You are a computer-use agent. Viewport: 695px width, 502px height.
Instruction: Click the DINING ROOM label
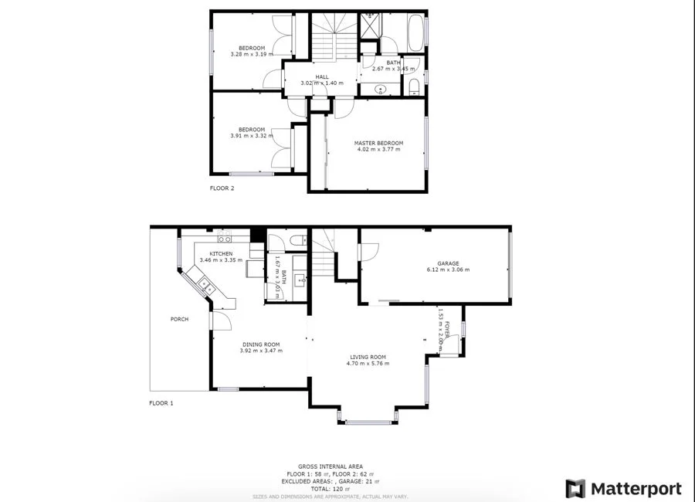pyautogui.click(x=261, y=344)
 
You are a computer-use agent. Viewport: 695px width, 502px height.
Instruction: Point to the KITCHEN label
pyautogui.click(x=221, y=253)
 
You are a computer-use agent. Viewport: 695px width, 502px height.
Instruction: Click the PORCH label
pyautogui.click(x=179, y=319)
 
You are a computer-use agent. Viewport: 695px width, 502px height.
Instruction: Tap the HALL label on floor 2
pyautogui.click(x=321, y=76)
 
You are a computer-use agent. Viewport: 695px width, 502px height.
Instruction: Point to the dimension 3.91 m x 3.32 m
pyautogui.click(x=251, y=137)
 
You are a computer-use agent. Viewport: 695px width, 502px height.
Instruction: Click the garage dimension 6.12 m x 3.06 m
pyautogui.click(x=448, y=270)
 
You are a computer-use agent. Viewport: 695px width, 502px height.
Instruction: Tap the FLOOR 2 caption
pyautogui.click(x=222, y=188)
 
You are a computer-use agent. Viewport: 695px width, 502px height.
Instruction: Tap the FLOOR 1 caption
pyautogui.click(x=161, y=403)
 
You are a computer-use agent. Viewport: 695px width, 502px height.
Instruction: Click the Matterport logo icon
pyautogui.click(x=575, y=489)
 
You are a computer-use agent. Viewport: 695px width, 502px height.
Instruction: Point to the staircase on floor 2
pyautogui.click(x=334, y=35)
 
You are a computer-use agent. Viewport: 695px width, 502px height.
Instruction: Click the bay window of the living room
pyautogui.click(x=368, y=422)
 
